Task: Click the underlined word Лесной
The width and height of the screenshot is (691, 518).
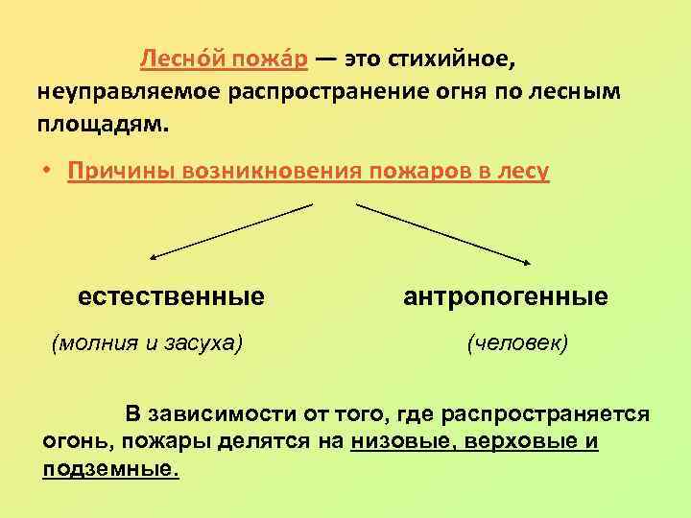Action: click(x=177, y=59)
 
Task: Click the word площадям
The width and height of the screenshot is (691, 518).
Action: click(x=102, y=125)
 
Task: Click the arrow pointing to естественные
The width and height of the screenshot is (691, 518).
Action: click(x=230, y=231)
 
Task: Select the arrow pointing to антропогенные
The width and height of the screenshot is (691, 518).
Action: click(x=446, y=233)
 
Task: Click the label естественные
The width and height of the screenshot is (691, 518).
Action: click(x=172, y=296)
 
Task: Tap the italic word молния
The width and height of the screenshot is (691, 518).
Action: click(x=99, y=341)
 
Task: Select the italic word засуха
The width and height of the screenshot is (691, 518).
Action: click(x=201, y=341)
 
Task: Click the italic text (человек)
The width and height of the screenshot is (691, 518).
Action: click(x=517, y=341)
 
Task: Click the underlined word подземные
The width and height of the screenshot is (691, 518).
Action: click(x=111, y=469)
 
